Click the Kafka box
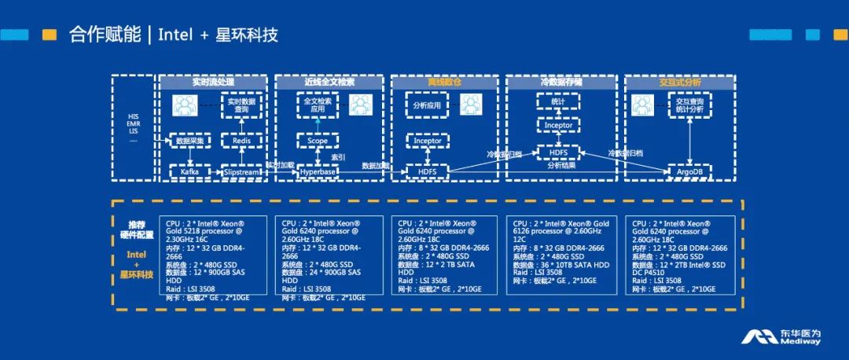[189, 171]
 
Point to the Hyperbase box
[318, 171]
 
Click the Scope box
[318, 140]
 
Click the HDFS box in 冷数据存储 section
[559, 151]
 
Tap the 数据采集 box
[189, 140]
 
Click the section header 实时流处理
[213, 82]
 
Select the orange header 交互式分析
[680, 82]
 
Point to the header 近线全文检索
[329, 82]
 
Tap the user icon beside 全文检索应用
[360, 105]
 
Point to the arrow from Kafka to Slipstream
[213, 171]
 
